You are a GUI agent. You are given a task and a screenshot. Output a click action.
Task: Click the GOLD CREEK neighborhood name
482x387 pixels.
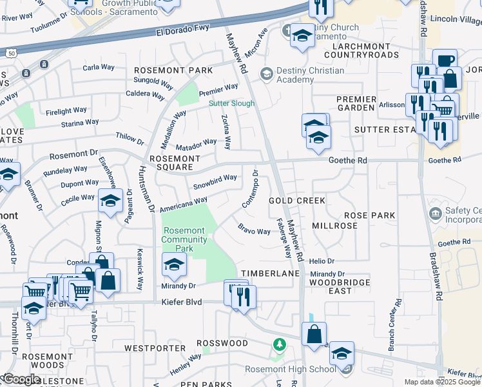[297, 201]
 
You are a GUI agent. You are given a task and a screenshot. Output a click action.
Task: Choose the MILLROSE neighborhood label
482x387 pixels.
[334, 226]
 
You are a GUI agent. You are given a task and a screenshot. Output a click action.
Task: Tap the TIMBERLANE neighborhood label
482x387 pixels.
[271, 273]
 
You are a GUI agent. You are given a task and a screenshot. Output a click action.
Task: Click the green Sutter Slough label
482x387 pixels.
[231, 103]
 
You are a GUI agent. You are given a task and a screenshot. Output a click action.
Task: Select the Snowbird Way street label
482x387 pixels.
[215, 182]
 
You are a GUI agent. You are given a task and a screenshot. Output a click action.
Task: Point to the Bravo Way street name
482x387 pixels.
[254, 230]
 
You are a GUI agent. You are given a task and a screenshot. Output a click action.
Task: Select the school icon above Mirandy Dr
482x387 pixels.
[174, 264]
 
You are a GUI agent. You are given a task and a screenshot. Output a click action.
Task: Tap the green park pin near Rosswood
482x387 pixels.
[278, 344]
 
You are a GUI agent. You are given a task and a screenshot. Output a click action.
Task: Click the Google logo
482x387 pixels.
[22, 379]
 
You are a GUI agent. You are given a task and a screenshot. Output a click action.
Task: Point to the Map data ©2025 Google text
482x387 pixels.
[443, 382]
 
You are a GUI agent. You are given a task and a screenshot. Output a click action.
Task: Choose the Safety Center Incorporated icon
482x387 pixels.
[436, 213]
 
